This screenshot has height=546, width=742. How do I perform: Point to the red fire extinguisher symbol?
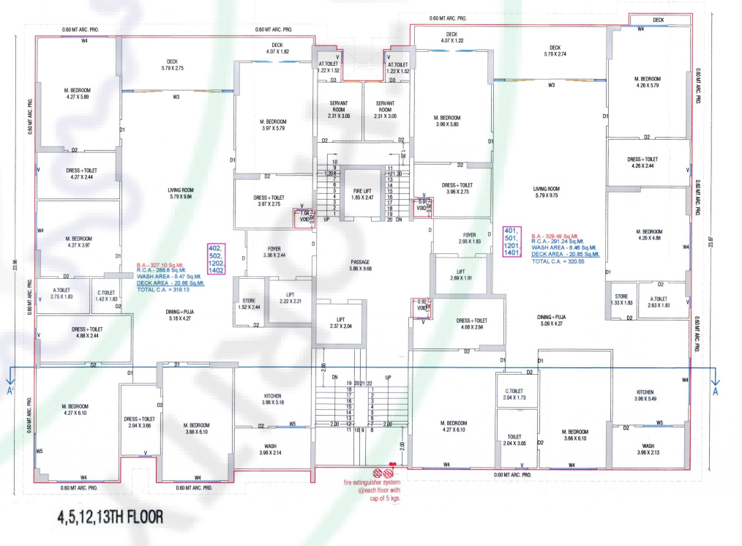(381, 473)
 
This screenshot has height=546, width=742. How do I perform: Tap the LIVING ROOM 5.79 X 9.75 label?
(547, 192)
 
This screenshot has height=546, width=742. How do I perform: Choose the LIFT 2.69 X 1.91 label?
(460, 275)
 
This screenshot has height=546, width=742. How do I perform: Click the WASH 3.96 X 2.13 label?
(648, 449)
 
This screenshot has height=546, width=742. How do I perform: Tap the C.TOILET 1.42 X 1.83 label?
(107, 296)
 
